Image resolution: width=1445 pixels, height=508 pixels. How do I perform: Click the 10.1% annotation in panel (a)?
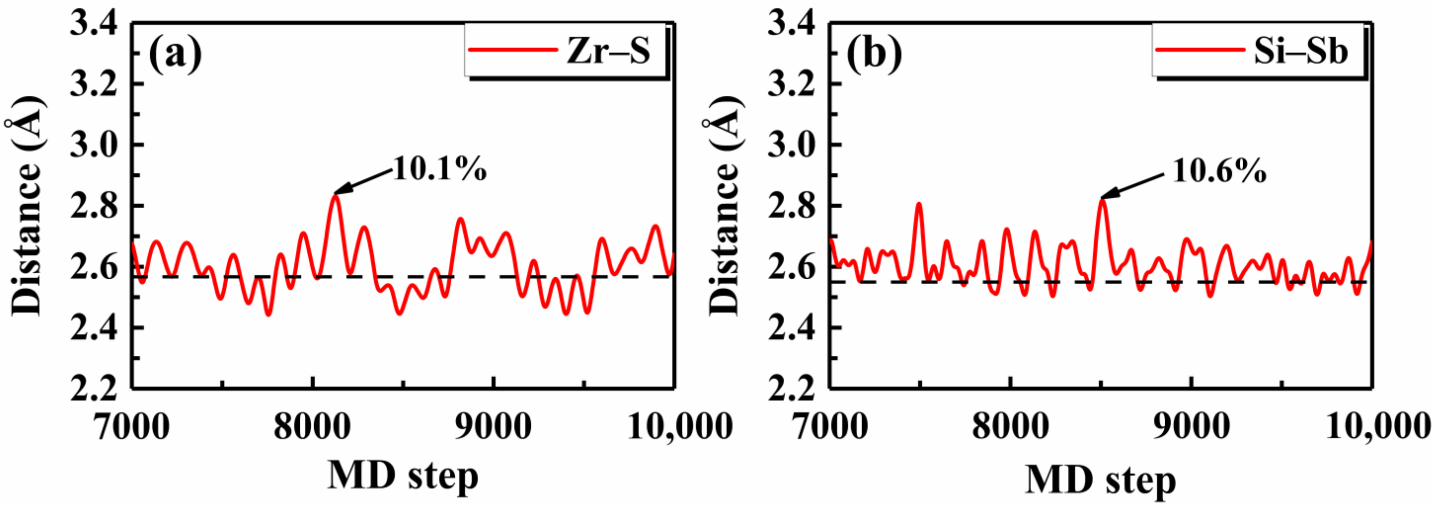439,168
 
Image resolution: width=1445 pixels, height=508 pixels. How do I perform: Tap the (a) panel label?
175,54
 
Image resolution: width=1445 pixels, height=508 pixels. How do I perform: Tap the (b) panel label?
874,54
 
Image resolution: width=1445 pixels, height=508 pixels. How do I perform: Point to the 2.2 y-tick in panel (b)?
791,388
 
